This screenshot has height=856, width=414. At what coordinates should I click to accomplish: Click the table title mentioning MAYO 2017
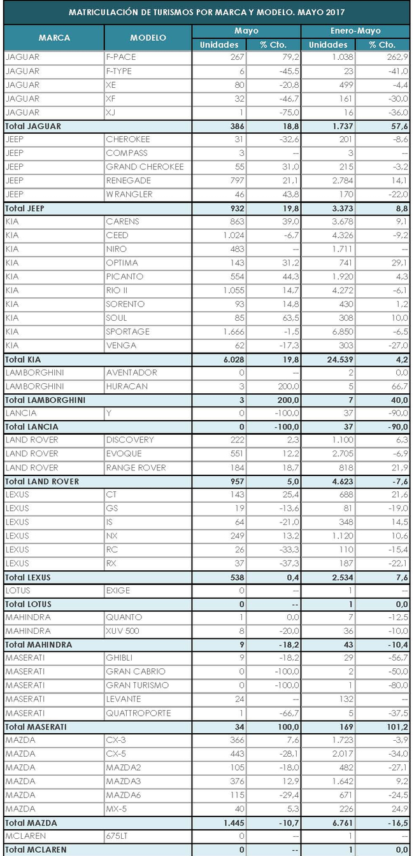(x=206, y=12)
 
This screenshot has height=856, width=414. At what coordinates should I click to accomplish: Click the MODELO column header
(x=148, y=38)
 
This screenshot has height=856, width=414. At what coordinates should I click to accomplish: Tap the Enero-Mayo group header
(x=354, y=31)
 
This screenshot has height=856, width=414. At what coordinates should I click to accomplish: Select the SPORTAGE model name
(x=129, y=332)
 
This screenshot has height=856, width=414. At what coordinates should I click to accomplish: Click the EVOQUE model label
(x=124, y=454)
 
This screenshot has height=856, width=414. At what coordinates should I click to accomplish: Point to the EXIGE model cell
(x=118, y=590)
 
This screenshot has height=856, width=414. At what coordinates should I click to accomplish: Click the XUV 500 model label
(x=123, y=631)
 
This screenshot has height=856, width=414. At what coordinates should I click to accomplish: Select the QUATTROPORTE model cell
(x=139, y=713)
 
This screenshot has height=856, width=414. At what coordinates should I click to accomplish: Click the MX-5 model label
(x=117, y=808)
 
